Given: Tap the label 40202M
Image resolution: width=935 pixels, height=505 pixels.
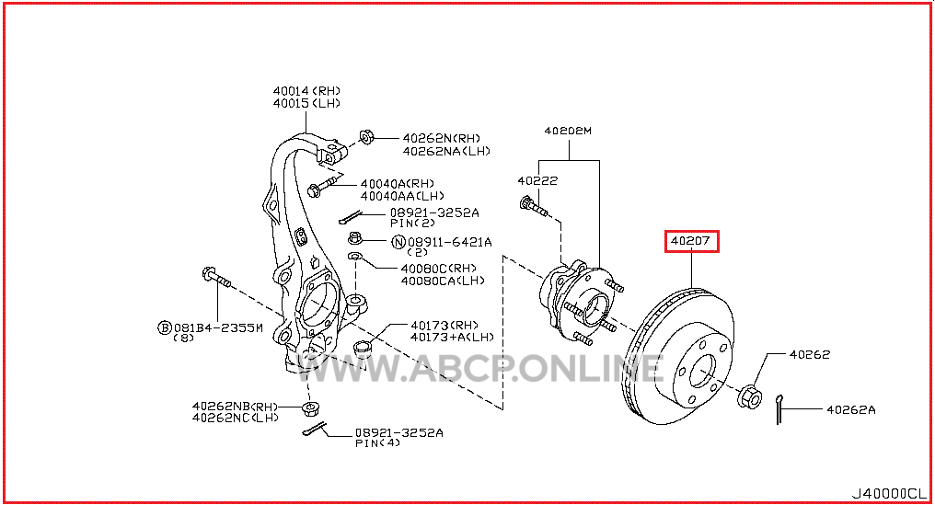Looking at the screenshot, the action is [568, 131].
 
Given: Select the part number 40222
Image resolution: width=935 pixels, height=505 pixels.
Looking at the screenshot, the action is [537, 180].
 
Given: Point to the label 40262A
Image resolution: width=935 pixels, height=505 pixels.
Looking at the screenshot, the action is [851, 409].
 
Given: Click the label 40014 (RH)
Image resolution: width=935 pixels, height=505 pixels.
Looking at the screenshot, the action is [306, 91].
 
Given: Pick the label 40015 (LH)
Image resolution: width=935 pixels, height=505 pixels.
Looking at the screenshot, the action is [306, 103].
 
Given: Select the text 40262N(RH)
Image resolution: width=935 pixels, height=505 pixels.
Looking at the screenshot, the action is [441, 138].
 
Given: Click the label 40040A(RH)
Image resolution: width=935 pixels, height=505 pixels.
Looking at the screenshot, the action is [398, 184].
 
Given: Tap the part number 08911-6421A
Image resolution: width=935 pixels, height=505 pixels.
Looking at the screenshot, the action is [450, 242].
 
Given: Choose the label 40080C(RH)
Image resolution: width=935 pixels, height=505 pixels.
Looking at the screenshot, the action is [439, 269].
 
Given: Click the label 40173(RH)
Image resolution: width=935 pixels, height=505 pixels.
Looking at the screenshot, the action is [444, 325].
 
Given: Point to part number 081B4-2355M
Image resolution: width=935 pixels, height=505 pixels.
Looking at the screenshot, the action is [218, 327].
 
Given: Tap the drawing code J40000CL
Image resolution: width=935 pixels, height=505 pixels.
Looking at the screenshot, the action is [889, 493].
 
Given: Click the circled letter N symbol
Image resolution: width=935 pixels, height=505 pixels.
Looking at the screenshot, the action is [398, 242].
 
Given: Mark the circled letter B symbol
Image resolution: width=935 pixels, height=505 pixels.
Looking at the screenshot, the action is [164, 327].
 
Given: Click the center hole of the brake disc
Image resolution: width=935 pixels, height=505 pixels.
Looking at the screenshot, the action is [702, 372].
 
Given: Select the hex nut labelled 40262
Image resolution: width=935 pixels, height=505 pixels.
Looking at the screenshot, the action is [749, 397].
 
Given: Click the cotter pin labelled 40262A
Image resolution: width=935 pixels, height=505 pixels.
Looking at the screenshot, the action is [779, 409].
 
